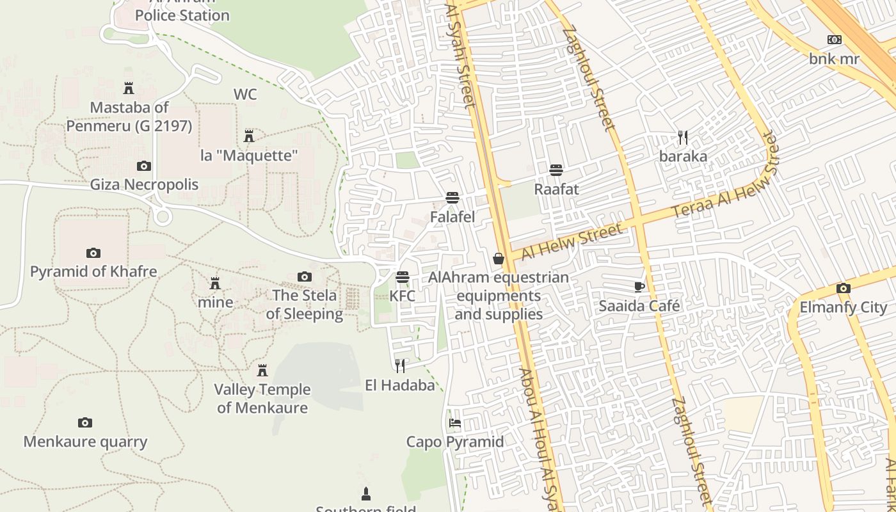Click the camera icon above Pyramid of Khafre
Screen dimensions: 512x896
pyautogui.click(x=93, y=253)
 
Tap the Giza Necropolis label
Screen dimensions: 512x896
pyautogui.click(x=144, y=185)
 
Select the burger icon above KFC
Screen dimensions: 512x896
pyautogui.click(x=403, y=277)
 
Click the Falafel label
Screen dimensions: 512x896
pyautogui.click(x=452, y=217)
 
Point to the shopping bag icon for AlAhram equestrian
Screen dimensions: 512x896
pyautogui.click(x=499, y=259)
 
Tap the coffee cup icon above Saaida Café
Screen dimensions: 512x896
pyautogui.click(x=639, y=287)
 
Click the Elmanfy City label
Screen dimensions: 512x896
pyautogui.click(x=843, y=307)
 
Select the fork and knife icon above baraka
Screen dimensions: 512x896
pyautogui.click(x=683, y=138)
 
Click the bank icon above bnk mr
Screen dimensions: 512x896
pyautogui.click(x=834, y=40)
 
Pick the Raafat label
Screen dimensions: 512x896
pyautogui.click(x=556, y=189)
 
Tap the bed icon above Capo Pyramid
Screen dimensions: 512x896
pyautogui.click(x=455, y=423)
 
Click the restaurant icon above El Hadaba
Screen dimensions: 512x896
pyautogui.click(x=400, y=366)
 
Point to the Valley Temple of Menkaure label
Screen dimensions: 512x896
pyautogui.click(x=262, y=398)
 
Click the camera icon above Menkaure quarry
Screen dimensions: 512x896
pyautogui.click(x=85, y=422)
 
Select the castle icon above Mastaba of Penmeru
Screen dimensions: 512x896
pyautogui.click(x=129, y=88)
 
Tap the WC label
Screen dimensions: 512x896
pyautogui.click(x=244, y=95)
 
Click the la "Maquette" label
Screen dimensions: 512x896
pyautogui.click(x=249, y=156)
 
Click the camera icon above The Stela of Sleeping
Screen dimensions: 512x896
pyautogui.click(x=305, y=276)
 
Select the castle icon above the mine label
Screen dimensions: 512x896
pyautogui.click(x=215, y=283)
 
